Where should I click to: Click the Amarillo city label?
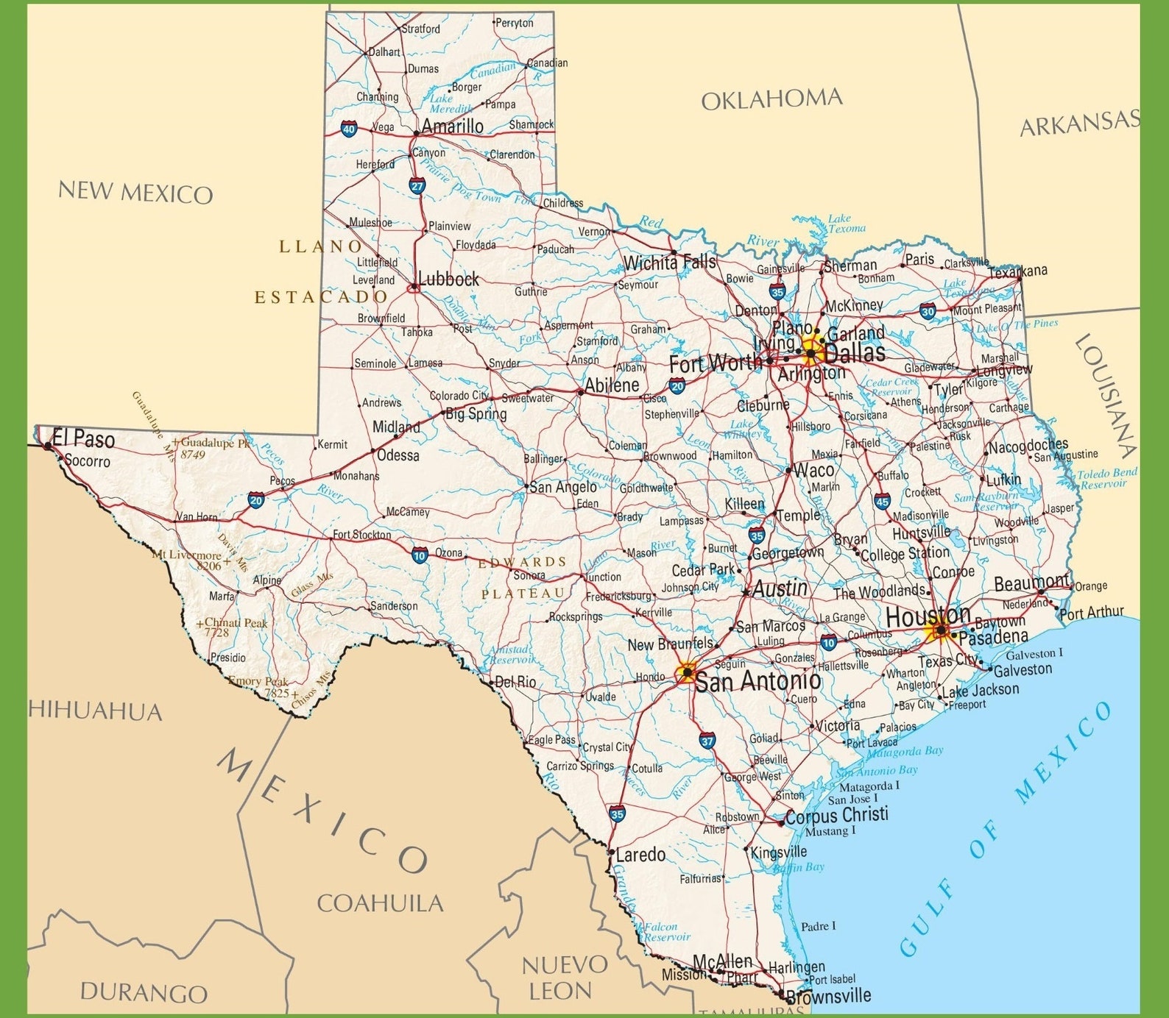(x=452, y=126)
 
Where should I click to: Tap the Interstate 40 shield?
(x=348, y=129)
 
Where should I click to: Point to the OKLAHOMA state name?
(x=771, y=99)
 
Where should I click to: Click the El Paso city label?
(x=84, y=440)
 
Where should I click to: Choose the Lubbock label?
(x=448, y=280)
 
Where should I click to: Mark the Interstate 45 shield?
(x=883, y=502)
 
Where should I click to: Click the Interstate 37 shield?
(x=707, y=741)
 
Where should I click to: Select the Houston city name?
(x=928, y=616)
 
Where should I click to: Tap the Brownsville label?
(x=828, y=997)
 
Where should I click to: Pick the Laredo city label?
(x=640, y=855)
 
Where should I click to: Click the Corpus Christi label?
(x=837, y=815)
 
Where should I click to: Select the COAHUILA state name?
(x=380, y=903)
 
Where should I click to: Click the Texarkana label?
(x=1017, y=271)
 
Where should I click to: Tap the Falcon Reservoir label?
(x=667, y=932)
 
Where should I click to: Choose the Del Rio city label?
(x=515, y=682)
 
